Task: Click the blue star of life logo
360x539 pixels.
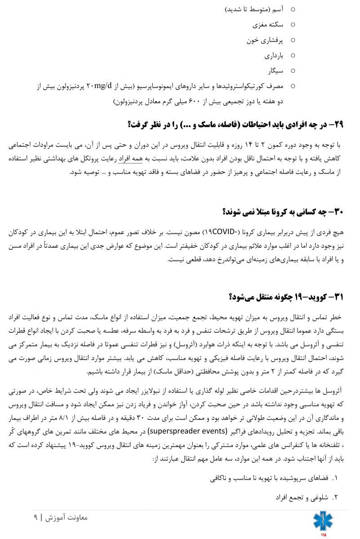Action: [x=323, y=521]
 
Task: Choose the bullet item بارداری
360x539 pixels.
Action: [x=274, y=56]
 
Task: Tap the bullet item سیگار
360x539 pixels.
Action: [x=276, y=71]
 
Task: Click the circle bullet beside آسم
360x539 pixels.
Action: [x=293, y=9]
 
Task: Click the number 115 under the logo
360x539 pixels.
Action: [x=323, y=535]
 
